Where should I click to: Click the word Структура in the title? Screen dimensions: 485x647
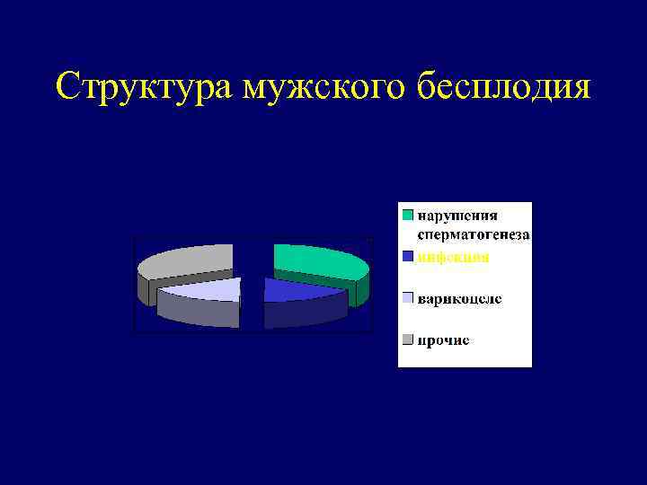click(145, 87)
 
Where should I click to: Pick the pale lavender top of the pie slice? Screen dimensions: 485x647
click(205, 289)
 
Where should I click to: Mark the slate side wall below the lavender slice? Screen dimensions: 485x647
click(198, 312)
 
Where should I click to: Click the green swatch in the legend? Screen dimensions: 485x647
click(408, 215)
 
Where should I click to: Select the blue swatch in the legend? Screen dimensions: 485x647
click(408, 257)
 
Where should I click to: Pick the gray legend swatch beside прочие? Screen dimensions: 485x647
click(408, 339)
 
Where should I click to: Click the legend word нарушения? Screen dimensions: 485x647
click(456, 215)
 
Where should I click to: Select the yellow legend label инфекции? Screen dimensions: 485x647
click(453, 257)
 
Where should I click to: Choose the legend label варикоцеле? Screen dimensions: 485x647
click(458, 298)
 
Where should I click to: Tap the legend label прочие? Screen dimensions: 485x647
click(442, 339)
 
